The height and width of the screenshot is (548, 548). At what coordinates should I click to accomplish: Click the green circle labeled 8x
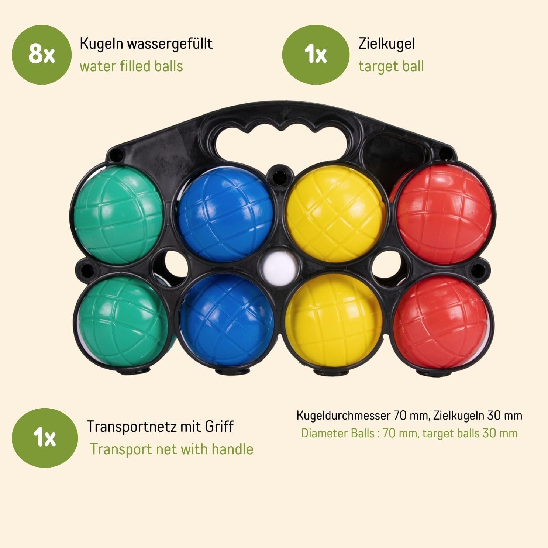41,55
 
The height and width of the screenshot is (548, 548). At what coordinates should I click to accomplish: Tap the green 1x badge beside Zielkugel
316,55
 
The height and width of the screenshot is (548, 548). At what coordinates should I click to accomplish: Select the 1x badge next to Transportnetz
45,438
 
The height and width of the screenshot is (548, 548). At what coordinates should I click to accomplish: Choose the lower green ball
124,321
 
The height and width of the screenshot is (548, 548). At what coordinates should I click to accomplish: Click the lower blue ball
227,321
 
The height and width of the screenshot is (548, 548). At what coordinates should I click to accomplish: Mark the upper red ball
443,214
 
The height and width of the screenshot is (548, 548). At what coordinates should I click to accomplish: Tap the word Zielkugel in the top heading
387,44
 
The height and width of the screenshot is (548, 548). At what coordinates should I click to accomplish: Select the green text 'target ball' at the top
391,66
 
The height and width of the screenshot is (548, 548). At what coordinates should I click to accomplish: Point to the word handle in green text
232,449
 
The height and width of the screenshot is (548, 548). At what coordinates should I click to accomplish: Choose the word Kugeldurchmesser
343,416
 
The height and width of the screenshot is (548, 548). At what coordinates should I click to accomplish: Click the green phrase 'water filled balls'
131,66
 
